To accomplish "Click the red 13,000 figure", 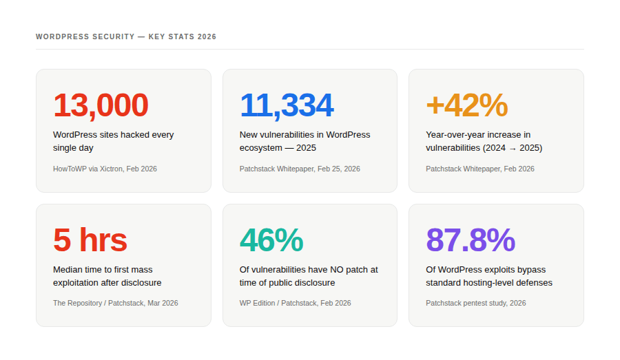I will tap(101, 105).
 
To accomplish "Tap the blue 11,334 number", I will tap(287, 105).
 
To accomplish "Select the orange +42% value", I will tap(466, 105).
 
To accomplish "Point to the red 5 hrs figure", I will tap(90, 240).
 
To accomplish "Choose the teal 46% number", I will tap(271, 240).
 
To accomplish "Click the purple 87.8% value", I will tap(471, 240).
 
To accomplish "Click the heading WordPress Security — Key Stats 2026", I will tap(126, 36).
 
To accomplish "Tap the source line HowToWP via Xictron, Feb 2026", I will tap(105, 169).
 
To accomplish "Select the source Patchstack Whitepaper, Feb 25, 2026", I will tap(300, 169).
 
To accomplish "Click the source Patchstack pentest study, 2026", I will tap(475, 303).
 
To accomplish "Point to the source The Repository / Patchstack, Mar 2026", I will tap(115, 303).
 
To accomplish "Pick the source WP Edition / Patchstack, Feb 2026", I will tap(295, 303).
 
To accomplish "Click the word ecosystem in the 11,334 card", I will tap(261, 148).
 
